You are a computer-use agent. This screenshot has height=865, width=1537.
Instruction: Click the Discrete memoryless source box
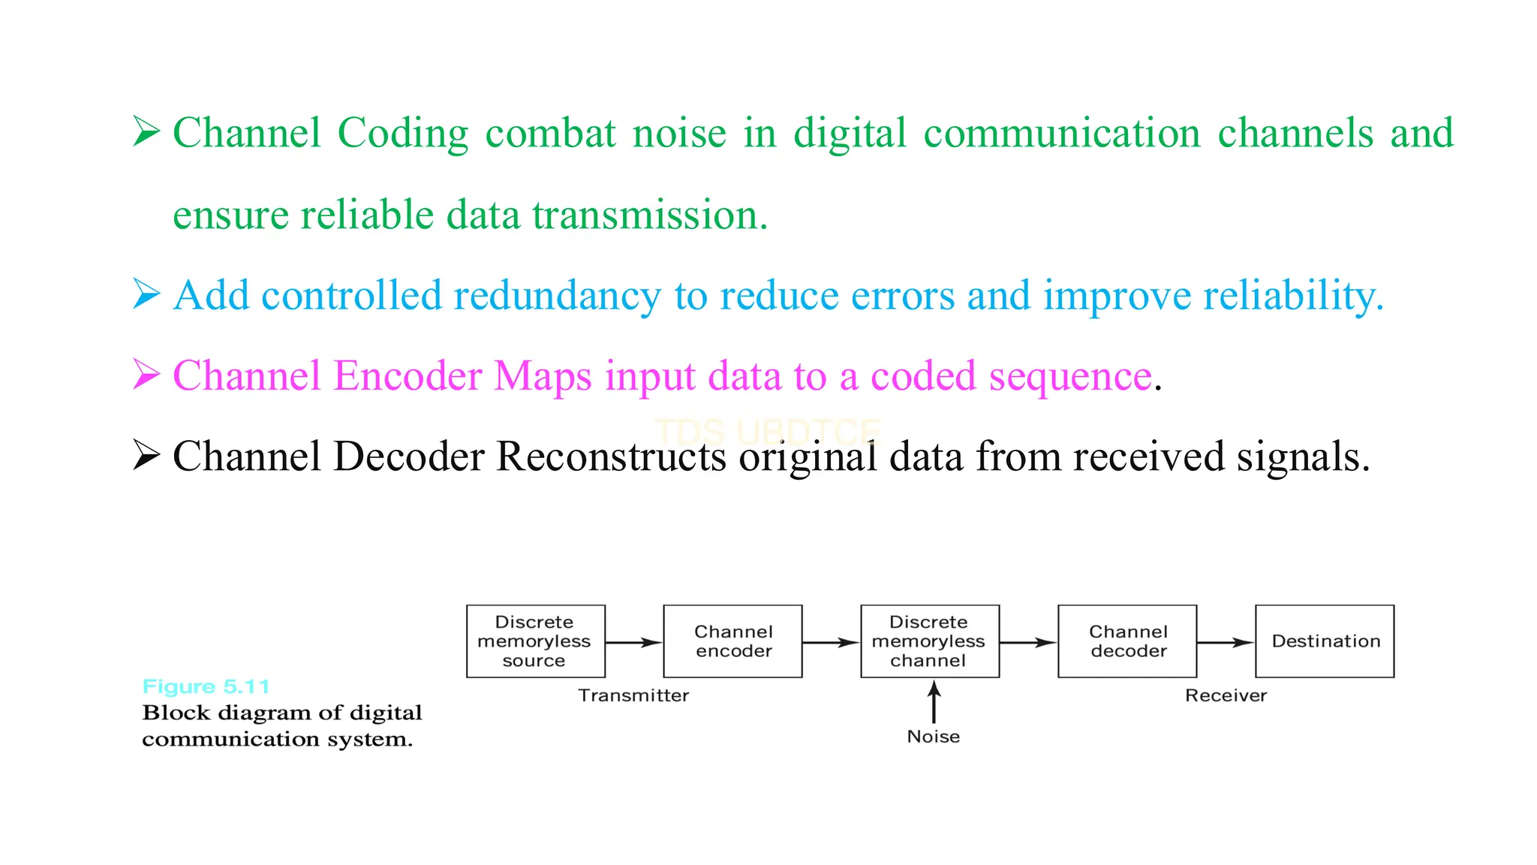(535, 641)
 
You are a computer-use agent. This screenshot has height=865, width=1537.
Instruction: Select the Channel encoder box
(732, 641)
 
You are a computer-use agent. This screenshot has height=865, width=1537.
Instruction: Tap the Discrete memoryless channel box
(929, 641)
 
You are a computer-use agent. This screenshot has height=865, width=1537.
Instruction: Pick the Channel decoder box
(1127, 641)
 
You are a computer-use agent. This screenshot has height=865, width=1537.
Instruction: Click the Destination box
(1325, 641)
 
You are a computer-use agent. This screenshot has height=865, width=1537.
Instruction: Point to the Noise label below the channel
(933, 737)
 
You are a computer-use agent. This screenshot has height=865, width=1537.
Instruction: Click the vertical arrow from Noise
(934, 703)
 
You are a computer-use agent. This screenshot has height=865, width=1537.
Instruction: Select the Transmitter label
(633, 695)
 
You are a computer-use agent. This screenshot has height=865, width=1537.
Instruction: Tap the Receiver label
(1226, 695)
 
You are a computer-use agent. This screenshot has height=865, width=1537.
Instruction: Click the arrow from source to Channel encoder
(633, 643)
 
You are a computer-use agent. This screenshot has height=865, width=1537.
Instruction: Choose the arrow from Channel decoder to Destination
(1225, 643)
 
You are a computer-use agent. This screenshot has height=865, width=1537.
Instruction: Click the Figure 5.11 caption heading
(206, 686)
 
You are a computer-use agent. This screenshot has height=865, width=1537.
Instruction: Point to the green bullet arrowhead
(146, 131)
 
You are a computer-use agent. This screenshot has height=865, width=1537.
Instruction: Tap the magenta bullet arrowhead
(146, 374)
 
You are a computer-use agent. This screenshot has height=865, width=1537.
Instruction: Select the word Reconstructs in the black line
(611, 457)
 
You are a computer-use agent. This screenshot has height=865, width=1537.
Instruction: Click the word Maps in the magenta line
(543, 377)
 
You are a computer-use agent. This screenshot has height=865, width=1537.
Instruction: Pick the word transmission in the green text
(649, 215)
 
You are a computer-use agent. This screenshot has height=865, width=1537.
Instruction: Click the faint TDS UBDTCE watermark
(767, 432)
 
